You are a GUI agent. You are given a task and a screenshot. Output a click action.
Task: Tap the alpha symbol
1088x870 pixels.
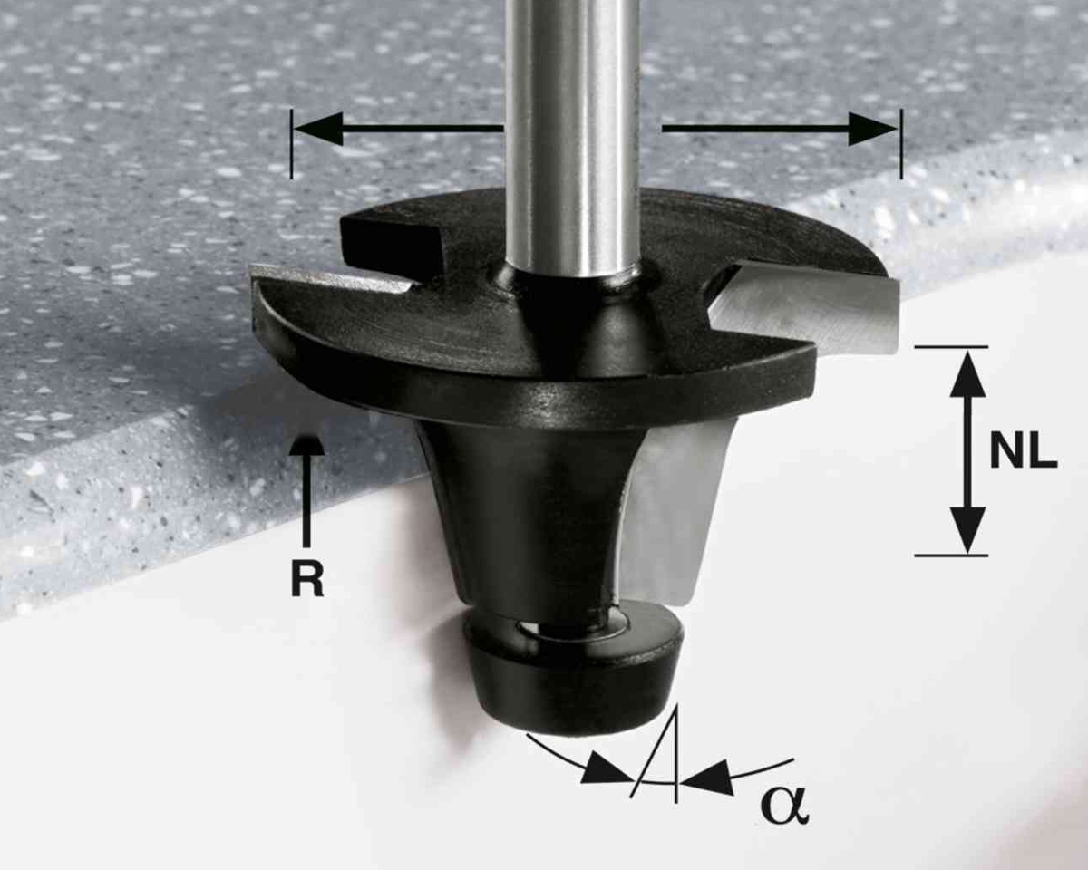point(784,805)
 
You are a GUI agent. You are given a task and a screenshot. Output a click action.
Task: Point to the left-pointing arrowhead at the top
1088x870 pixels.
point(318,129)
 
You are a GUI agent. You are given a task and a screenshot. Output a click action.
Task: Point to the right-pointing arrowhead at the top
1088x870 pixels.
point(873,129)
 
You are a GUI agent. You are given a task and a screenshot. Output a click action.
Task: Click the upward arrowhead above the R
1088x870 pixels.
point(306,444)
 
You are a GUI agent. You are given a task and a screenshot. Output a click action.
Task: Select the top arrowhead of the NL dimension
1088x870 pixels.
point(967,374)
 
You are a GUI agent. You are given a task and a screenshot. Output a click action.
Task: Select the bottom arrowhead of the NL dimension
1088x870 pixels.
point(967,530)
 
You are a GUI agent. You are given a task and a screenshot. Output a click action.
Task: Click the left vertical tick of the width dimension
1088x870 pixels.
point(291,144)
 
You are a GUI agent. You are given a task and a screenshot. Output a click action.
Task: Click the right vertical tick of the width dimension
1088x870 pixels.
point(901,144)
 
